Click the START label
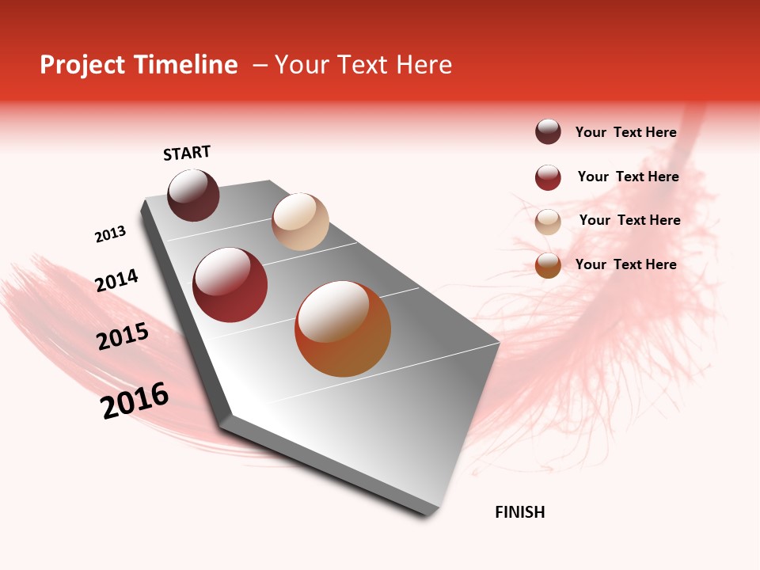point(187,153)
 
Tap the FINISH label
point(519,512)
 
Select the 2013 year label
point(110,234)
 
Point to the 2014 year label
point(116,280)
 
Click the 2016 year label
point(135,401)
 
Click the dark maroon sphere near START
point(194,195)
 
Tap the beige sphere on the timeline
point(300,222)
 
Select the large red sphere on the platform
point(230,285)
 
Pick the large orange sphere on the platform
point(343,329)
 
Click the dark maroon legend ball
point(548,132)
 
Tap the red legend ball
point(548,177)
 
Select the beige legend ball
point(548,222)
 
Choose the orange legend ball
point(548,265)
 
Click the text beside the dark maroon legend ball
point(625,133)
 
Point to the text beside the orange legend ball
point(625,264)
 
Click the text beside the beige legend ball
point(629,220)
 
